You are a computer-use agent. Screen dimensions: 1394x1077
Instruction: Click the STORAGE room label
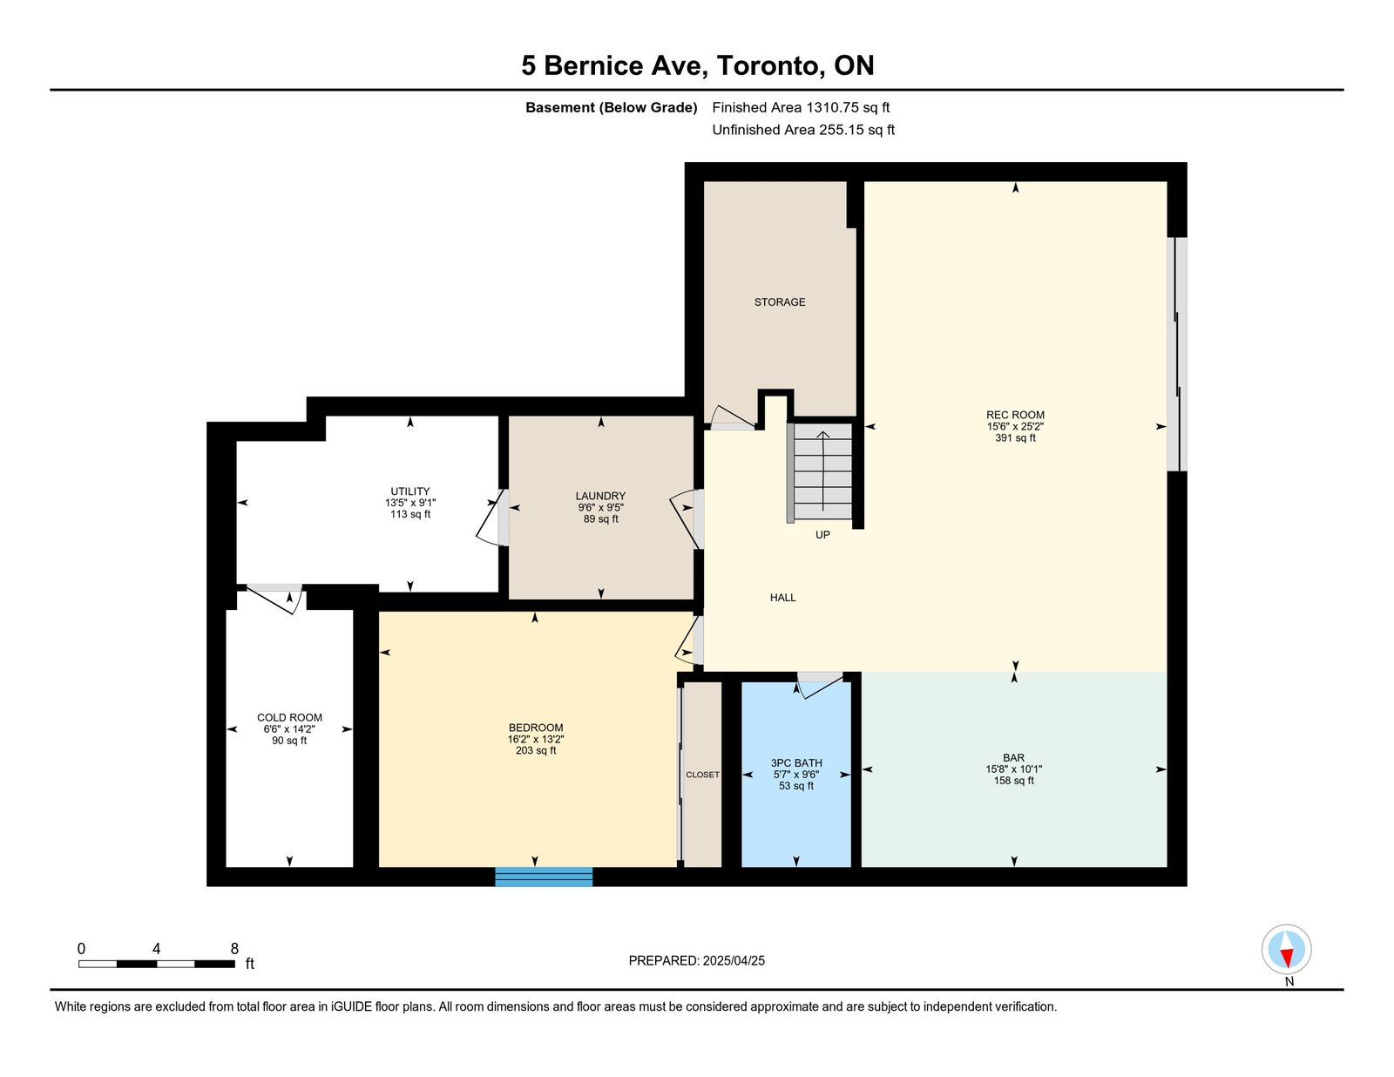click(x=780, y=302)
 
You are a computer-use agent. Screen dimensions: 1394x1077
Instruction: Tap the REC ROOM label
click(x=1015, y=415)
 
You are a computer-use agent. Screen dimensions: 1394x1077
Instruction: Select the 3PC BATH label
click(x=796, y=763)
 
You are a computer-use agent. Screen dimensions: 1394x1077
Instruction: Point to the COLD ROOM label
click(x=289, y=718)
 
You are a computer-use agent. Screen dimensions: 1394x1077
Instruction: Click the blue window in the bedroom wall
click(x=544, y=877)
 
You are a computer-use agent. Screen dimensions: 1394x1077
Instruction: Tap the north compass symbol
click(x=1286, y=950)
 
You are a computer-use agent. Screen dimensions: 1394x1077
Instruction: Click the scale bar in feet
click(x=157, y=964)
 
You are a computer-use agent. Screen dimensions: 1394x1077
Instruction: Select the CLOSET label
click(x=702, y=775)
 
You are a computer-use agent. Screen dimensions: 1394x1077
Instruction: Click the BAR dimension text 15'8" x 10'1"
click(x=1013, y=769)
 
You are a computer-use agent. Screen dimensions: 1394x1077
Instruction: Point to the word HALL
click(x=782, y=598)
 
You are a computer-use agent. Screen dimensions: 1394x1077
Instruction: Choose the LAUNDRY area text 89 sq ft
click(x=600, y=519)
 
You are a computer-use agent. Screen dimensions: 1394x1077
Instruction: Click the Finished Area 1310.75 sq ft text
click(x=801, y=108)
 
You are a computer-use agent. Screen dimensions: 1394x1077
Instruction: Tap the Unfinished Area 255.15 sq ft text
click(x=803, y=130)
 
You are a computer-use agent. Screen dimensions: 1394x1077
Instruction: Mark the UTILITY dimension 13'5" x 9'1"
click(x=410, y=504)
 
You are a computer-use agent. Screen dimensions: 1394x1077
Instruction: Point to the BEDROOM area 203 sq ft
click(x=536, y=750)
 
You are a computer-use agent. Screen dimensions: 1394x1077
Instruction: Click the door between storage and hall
click(x=731, y=418)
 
